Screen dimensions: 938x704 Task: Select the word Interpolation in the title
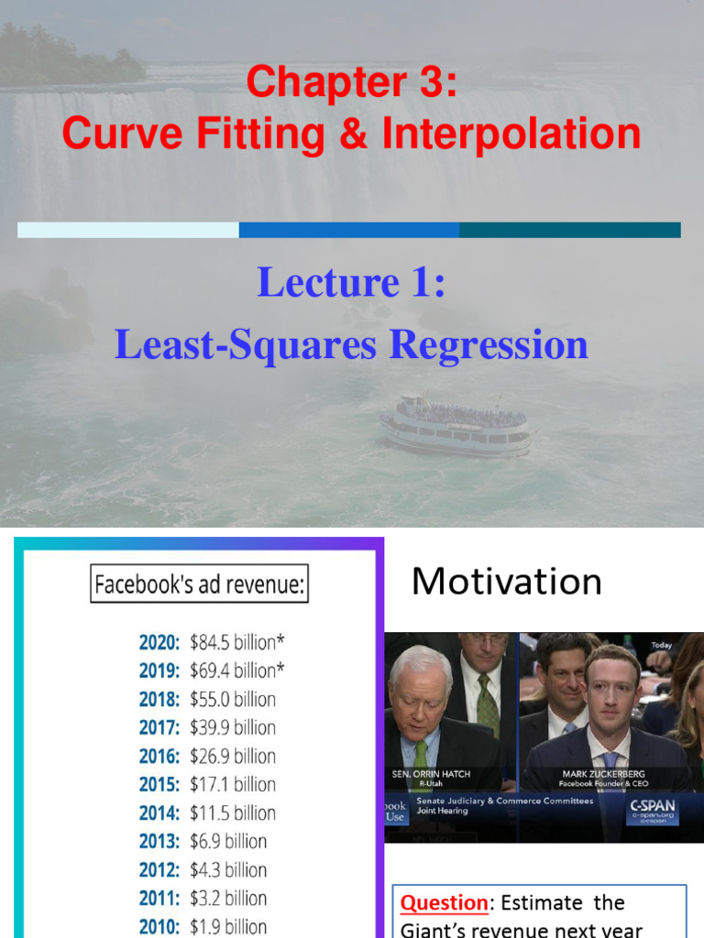click(511, 133)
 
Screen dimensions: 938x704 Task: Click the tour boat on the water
click(456, 425)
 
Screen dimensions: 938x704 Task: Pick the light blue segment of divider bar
click(127, 230)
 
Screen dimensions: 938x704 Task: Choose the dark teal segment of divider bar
click(569, 230)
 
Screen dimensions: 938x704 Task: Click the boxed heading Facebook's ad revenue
click(199, 584)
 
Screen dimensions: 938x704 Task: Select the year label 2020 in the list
click(159, 642)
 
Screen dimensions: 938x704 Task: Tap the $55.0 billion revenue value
click(232, 699)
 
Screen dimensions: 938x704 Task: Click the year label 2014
click(159, 813)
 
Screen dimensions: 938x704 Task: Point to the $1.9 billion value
click(228, 926)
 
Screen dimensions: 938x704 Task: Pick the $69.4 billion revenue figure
click(236, 671)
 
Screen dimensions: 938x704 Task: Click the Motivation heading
click(506, 582)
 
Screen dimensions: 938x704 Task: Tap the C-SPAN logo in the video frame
click(652, 811)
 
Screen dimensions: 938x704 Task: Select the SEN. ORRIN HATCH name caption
click(431, 775)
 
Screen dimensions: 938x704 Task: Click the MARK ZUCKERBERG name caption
click(604, 775)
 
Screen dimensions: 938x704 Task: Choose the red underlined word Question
click(444, 903)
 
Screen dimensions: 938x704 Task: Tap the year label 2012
click(159, 869)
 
